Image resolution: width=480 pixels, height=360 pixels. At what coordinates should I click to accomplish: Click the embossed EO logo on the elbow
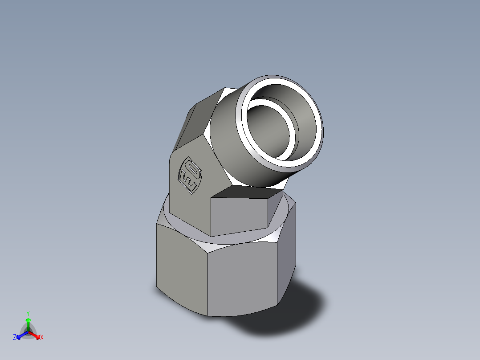(x=189, y=175)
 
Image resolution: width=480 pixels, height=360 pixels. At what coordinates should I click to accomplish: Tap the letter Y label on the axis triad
(x=28, y=313)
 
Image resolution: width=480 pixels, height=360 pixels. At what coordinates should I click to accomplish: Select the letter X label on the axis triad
(x=42, y=338)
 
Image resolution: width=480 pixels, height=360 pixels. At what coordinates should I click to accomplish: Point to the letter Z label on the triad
(x=15, y=338)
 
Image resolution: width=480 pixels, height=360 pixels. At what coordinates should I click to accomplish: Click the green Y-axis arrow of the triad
(x=28, y=322)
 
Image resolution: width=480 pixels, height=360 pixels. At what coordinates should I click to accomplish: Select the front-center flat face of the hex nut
(x=243, y=281)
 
